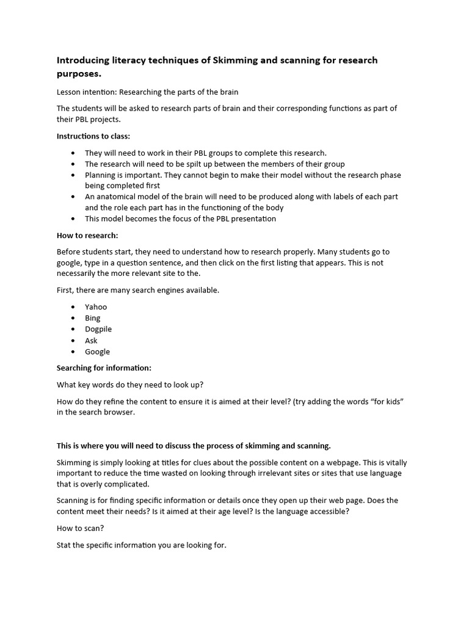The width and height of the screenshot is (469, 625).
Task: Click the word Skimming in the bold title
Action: tap(234, 60)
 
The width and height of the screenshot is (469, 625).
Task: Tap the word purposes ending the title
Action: tap(78, 74)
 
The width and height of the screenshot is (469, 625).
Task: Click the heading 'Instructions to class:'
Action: tap(93, 136)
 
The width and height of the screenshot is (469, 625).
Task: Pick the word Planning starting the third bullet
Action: tap(101, 175)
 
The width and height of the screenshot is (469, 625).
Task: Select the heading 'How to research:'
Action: tap(87, 235)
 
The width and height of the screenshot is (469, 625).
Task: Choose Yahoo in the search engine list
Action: tap(96, 306)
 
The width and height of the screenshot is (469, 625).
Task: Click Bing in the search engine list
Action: tap(93, 318)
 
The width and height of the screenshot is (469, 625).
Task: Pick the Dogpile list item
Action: tap(98, 329)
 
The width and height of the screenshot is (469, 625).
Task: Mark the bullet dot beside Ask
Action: tap(73, 341)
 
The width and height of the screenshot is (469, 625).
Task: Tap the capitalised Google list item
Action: tap(98, 352)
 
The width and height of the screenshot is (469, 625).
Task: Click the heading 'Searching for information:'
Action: tap(104, 368)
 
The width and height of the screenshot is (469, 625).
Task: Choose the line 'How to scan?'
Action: tap(80, 529)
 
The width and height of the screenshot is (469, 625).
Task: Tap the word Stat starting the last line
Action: tap(65, 544)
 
